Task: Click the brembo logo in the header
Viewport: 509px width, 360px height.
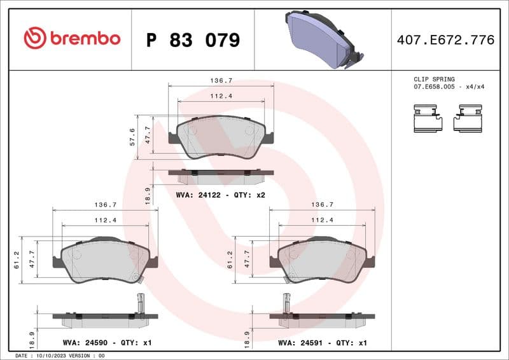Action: point(72,38)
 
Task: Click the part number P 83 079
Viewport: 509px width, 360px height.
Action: point(193,40)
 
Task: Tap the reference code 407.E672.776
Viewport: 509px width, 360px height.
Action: point(445,40)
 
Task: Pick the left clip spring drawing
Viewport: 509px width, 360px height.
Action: point(428,119)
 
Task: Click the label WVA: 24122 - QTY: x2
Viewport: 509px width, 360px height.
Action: point(220,195)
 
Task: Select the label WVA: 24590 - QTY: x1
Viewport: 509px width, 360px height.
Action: point(108,343)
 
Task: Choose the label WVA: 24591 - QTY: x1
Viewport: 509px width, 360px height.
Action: point(323,343)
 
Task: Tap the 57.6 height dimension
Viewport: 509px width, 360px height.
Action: point(132,136)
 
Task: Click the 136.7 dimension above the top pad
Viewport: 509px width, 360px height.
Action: point(221,81)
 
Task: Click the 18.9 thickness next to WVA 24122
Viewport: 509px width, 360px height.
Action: point(148,195)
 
